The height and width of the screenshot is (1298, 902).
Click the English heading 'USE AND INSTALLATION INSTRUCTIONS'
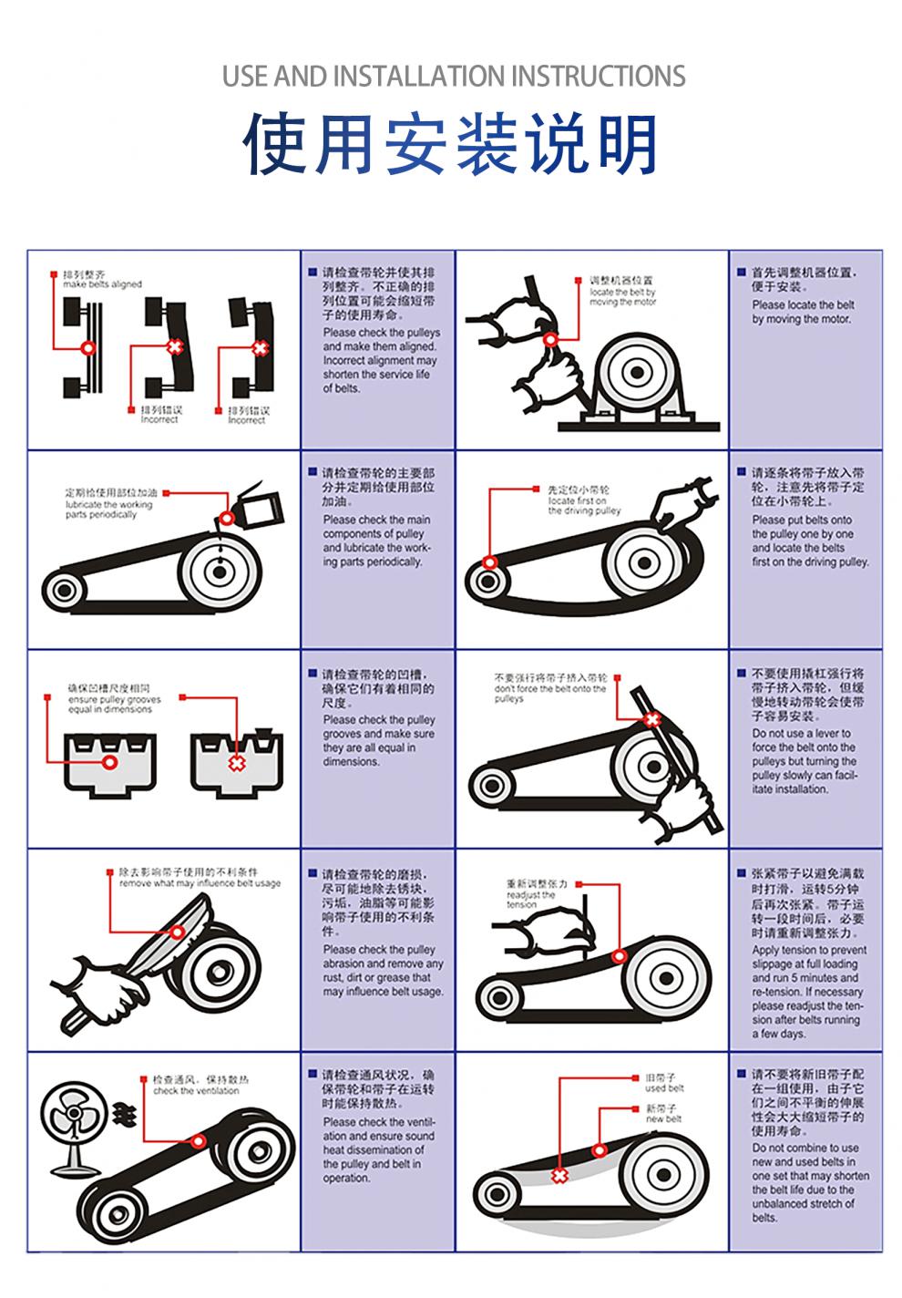pos(454,76)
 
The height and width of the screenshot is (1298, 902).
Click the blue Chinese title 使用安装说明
pos(451,144)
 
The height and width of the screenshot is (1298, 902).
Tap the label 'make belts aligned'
pos(102,283)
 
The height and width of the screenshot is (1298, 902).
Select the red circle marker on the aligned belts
pos(88,347)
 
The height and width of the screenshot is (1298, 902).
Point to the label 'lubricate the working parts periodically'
pos(108,509)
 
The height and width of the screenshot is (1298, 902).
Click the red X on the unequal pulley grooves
pos(237,762)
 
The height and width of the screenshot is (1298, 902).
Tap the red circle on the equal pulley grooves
pos(109,761)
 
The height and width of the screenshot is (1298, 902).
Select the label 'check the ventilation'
pos(196,1089)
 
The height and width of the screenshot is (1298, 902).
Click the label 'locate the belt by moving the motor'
pos(622,296)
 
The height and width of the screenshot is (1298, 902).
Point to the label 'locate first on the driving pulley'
pos(583,505)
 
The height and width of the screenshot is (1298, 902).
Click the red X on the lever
pos(651,720)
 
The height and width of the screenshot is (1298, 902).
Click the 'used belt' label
pos(664,1087)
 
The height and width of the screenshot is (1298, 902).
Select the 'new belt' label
pos(663,1118)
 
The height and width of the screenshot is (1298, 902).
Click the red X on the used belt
pos(559,1177)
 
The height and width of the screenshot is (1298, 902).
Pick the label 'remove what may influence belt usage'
pos(200,883)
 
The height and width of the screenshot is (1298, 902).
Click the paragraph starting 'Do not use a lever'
pos(805,761)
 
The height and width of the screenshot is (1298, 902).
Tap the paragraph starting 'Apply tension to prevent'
pos(808,992)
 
